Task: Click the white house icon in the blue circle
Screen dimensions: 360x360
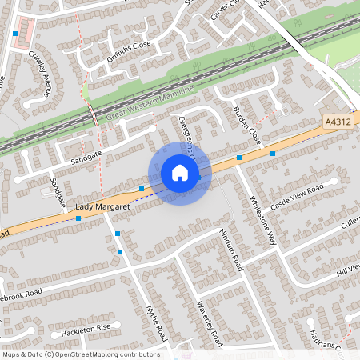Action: [180, 173]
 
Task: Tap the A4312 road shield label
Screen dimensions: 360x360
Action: [338, 122]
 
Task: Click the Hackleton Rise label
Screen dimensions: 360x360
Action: [80, 330]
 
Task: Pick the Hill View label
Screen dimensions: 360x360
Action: [349, 270]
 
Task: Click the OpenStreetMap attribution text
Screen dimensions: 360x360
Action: [81, 354]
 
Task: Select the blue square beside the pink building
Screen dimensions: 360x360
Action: [15, 34]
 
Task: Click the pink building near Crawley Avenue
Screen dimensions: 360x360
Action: [24, 31]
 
